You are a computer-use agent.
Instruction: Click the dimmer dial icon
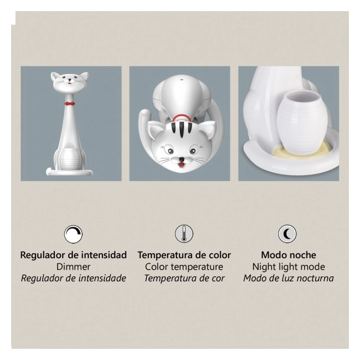point(73,234)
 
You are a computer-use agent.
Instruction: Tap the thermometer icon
point(184,234)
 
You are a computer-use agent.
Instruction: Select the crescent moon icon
point(287,234)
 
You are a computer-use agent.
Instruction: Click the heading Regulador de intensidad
point(74,255)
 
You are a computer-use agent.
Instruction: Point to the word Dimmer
point(74,267)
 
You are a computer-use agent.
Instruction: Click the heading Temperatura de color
point(184,255)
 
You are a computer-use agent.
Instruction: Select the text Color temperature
point(184,267)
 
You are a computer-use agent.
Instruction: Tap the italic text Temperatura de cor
point(184,278)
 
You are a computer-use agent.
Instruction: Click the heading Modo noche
point(288,255)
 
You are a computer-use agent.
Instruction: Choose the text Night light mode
point(288,267)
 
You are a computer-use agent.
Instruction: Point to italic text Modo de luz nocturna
point(288,278)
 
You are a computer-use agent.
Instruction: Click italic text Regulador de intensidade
point(74,278)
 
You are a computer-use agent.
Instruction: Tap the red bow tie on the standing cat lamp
point(70,103)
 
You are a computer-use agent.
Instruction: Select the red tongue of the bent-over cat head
point(182,164)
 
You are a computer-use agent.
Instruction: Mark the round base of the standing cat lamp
point(70,172)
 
